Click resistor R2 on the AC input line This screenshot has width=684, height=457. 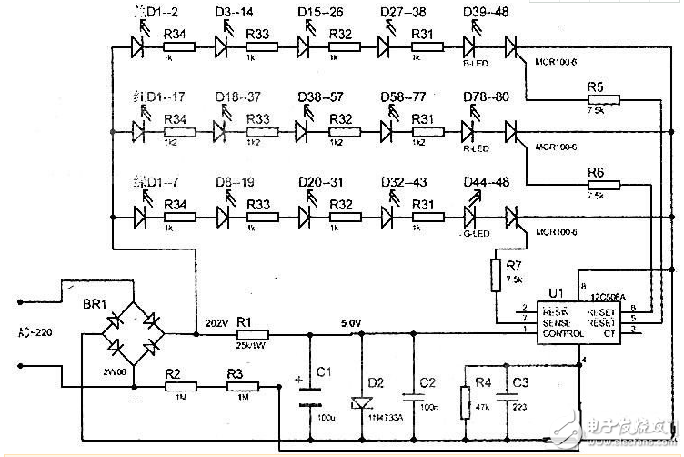click(x=176, y=387)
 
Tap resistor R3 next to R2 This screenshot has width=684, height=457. click(x=240, y=387)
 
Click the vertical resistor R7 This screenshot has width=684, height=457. click(x=497, y=274)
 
